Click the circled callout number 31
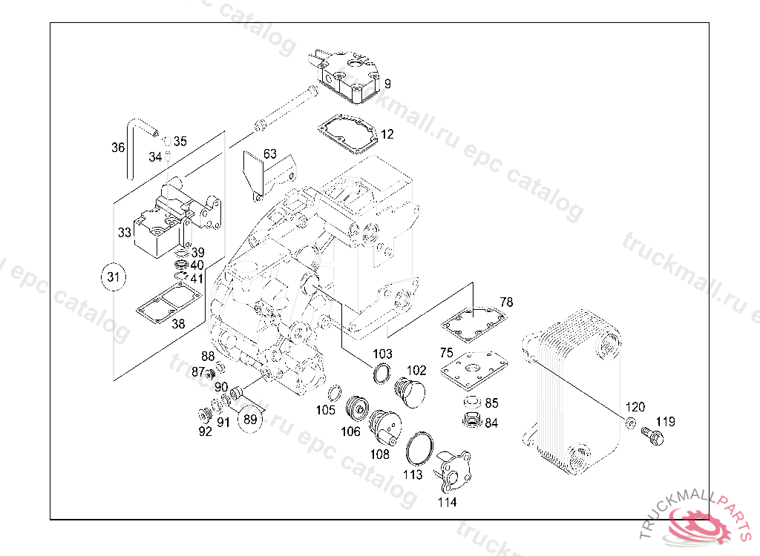click(x=113, y=277)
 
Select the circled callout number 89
click(x=250, y=419)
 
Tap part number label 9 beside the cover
click(x=387, y=83)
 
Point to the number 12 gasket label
click(x=387, y=134)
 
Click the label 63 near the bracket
click(x=269, y=153)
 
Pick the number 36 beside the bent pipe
click(x=118, y=148)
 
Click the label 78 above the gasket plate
click(x=506, y=302)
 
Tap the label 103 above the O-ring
click(x=382, y=354)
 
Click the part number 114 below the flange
click(x=447, y=502)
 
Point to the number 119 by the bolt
click(x=665, y=422)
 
